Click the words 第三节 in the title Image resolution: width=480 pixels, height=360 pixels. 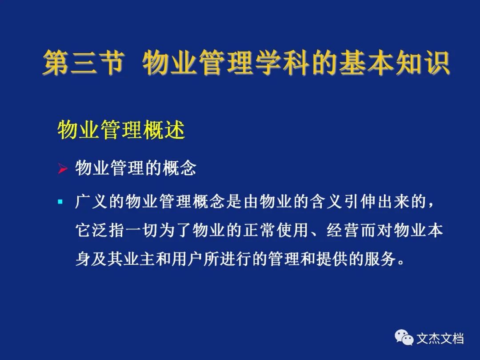[83, 63]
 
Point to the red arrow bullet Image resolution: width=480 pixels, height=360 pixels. [63, 168]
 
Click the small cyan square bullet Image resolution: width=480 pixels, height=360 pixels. [60, 202]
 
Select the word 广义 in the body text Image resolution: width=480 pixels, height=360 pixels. [91, 202]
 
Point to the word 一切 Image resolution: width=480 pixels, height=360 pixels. [142, 230]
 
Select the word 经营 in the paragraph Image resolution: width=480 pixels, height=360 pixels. [342, 230]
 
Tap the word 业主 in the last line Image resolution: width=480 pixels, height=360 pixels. [139, 259]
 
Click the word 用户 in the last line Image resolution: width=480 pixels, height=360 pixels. [188, 259]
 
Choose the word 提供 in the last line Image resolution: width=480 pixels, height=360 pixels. [332, 259]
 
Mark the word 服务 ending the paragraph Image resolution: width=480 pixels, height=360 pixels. [380, 259]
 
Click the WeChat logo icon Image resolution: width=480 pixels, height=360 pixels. [404, 337]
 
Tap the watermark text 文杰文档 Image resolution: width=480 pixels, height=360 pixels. [440, 338]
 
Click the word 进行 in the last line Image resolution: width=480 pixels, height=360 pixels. [236, 259]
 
